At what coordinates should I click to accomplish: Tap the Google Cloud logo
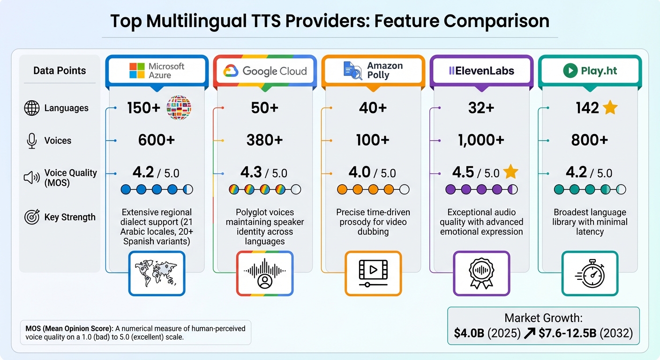[x=265, y=71]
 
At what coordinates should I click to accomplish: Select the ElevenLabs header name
[x=481, y=71]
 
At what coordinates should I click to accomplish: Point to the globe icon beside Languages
[x=31, y=108]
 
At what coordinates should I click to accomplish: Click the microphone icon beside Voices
[x=32, y=141]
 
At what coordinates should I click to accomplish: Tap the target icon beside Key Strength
[x=32, y=217]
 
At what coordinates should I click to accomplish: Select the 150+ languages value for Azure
[x=143, y=108]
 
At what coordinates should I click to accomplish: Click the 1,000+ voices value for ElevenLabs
[x=481, y=140]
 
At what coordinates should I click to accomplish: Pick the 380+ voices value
[x=265, y=140]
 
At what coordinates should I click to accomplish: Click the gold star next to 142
[x=610, y=108]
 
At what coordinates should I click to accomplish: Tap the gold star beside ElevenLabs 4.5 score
[x=510, y=172]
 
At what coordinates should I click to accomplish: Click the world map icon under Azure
[x=157, y=273]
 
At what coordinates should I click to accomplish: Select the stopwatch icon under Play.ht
[x=590, y=273]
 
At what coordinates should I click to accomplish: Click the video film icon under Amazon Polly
[x=373, y=273]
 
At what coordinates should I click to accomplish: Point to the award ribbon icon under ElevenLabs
[x=481, y=273]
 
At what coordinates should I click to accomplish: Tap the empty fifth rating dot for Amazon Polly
[x=405, y=189]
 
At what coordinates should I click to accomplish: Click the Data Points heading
[x=60, y=71]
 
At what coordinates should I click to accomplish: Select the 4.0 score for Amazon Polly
[x=360, y=172]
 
